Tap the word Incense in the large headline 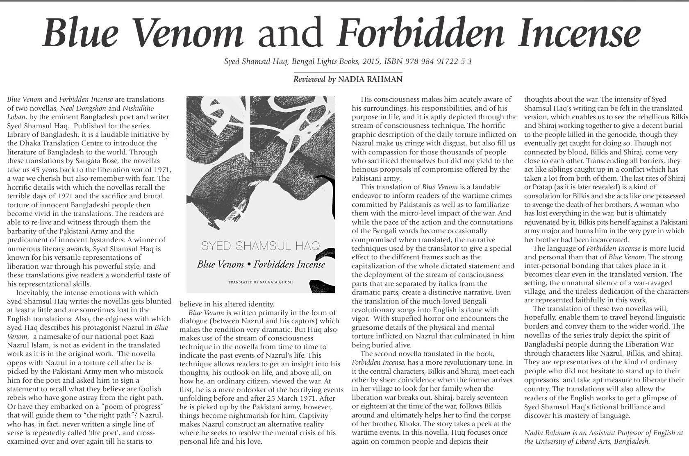[579, 33]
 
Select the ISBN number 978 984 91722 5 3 [438, 61]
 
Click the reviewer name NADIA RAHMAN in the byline [370, 79]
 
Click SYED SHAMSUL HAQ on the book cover [260, 246]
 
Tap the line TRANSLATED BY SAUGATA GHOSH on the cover [260, 282]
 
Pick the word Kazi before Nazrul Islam [151, 336]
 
